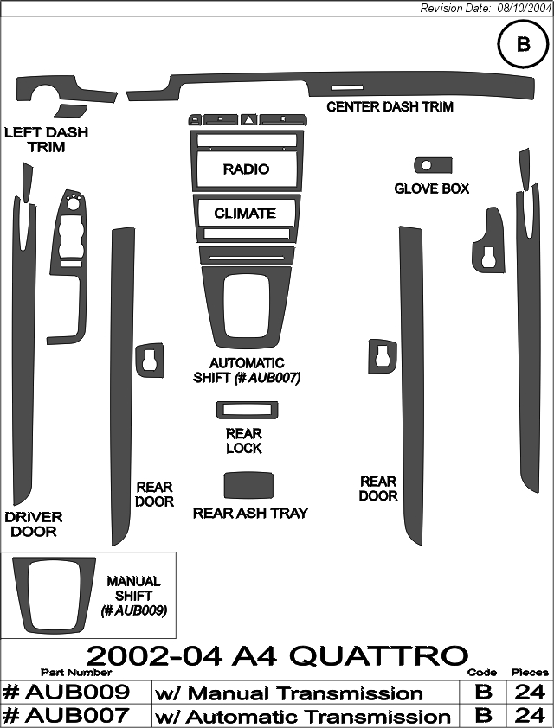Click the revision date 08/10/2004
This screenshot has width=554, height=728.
(525, 9)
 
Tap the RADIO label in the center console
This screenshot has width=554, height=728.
(246, 169)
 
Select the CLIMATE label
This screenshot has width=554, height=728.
(245, 213)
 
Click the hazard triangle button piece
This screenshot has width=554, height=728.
(249, 120)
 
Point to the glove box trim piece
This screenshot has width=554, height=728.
(433, 165)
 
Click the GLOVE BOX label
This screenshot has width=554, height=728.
(432, 188)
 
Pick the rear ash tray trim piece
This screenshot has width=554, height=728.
(248, 486)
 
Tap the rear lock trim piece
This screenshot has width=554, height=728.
(248, 410)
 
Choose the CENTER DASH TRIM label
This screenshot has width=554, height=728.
(390, 107)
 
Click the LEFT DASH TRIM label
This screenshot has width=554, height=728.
(46, 140)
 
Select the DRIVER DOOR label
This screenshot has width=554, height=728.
(34, 524)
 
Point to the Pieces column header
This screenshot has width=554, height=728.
(530, 672)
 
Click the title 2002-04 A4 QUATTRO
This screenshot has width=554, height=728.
(277, 655)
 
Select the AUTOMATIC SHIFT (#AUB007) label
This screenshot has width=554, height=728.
(247, 371)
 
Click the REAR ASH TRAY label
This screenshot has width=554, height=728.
(250, 513)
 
